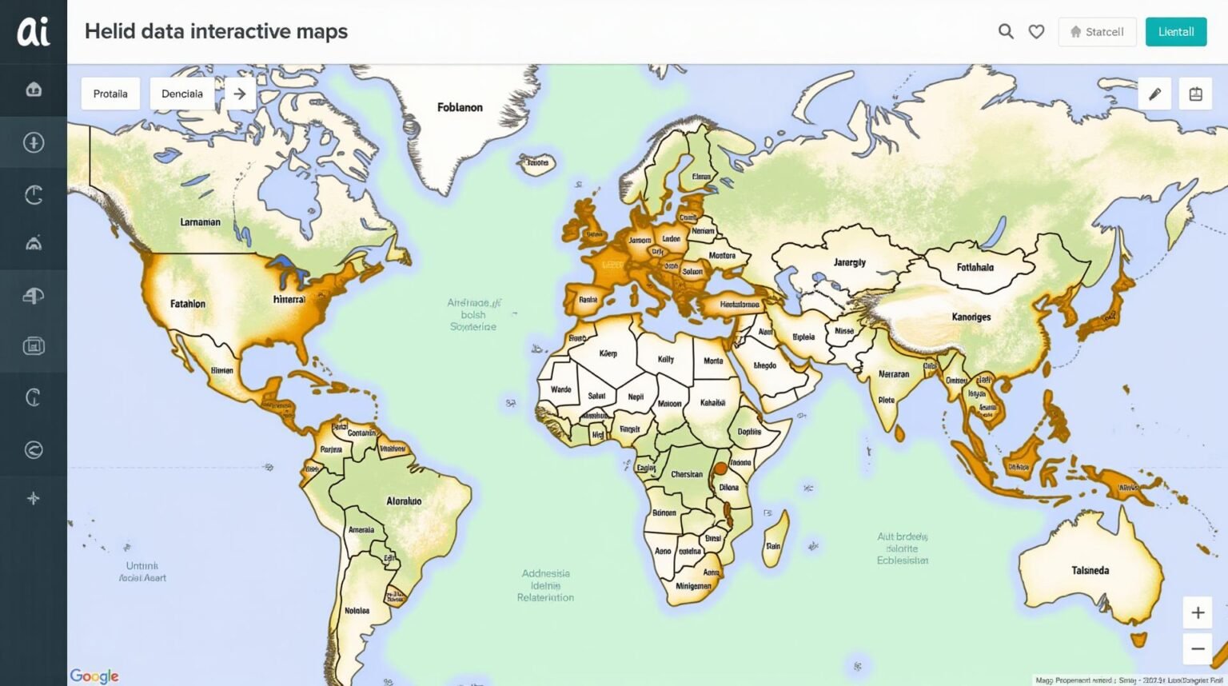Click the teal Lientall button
pyautogui.click(x=1175, y=32)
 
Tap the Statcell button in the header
pyautogui.click(x=1097, y=32)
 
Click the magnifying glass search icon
pyautogui.click(x=1006, y=31)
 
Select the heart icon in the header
pyautogui.click(x=1036, y=32)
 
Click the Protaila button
pyautogui.click(x=110, y=94)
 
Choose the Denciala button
pyautogui.click(x=182, y=94)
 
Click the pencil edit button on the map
pyautogui.click(x=1154, y=94)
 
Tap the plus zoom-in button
pyautogui.click(x=1198, y=612)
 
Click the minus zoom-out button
pyautogui.click(x=1198, y=648)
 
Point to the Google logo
pyautogui.click(x=94, y=676)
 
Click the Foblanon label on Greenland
pyautogui.click(x=460, y=107)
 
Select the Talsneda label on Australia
pyautogui.click(x=1090, y=570)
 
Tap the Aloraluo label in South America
pyautogui.click(x=404, y=501)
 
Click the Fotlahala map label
pyautogui.click(x=975, y=267)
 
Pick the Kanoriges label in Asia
pyautogui.click(x=971, y=317)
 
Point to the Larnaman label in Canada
pyautogui.click(x=200, y=222)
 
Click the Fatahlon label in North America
pyautogui.click(x=188, y=304)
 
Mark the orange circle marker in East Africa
pyautogui.click(x=720, y=469)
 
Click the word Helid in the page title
pyautogui.click(x=110, y=31)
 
